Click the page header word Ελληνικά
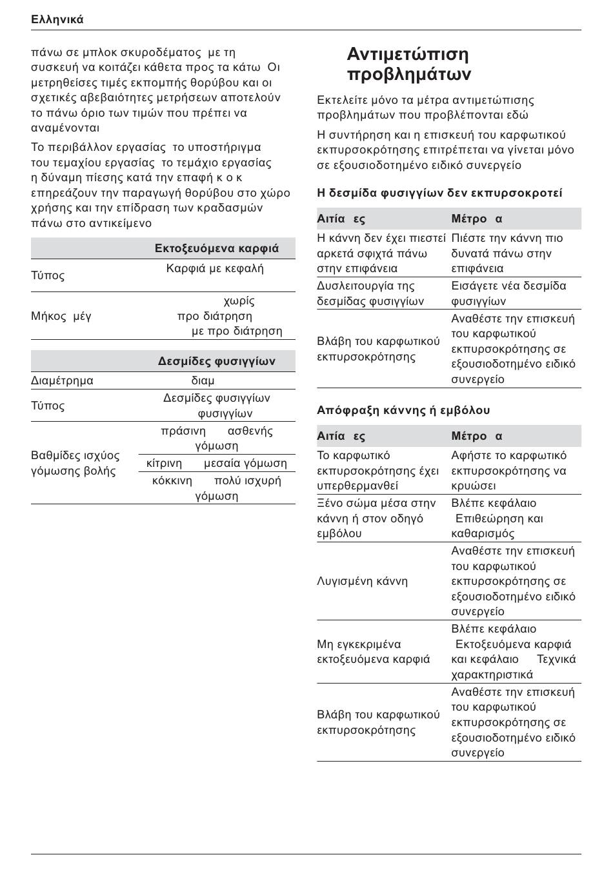(57, 19)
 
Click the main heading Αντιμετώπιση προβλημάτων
(408, 64)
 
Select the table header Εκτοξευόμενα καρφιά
(217, 248)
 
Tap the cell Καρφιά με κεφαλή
(215, 268)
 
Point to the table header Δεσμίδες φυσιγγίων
(217, 361)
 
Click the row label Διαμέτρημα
(62, 380)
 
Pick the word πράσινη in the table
(183, 431)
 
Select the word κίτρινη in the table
(164, 463)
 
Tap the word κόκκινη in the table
(172, 480)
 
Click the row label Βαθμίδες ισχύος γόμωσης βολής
(75, 463)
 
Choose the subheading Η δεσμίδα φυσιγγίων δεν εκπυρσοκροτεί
(439, 193)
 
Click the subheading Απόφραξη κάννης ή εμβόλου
(403, 410)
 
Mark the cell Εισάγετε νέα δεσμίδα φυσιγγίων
(508, 293)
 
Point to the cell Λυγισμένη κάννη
(362, 581)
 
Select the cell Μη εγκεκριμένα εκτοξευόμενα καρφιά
(373, 651)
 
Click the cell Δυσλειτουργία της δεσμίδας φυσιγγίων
(370, 293)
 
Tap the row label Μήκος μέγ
(61, 316)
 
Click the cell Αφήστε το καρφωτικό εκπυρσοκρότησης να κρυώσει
(508, 471)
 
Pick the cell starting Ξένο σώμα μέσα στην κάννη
(376, 518)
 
